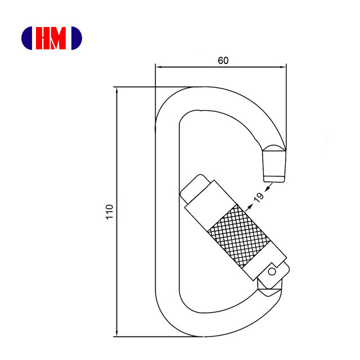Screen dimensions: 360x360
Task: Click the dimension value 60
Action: [223, 61]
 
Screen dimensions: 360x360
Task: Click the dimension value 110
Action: [110, 211]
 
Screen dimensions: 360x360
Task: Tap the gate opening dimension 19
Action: [259, 197]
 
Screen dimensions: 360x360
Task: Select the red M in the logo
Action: [57, 38]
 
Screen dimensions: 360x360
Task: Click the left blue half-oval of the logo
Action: [26, 38]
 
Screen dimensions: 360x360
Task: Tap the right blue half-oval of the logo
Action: [76, 38]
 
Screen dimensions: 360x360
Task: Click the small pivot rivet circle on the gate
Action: [272, 272]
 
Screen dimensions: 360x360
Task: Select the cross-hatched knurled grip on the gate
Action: [238, 236]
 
